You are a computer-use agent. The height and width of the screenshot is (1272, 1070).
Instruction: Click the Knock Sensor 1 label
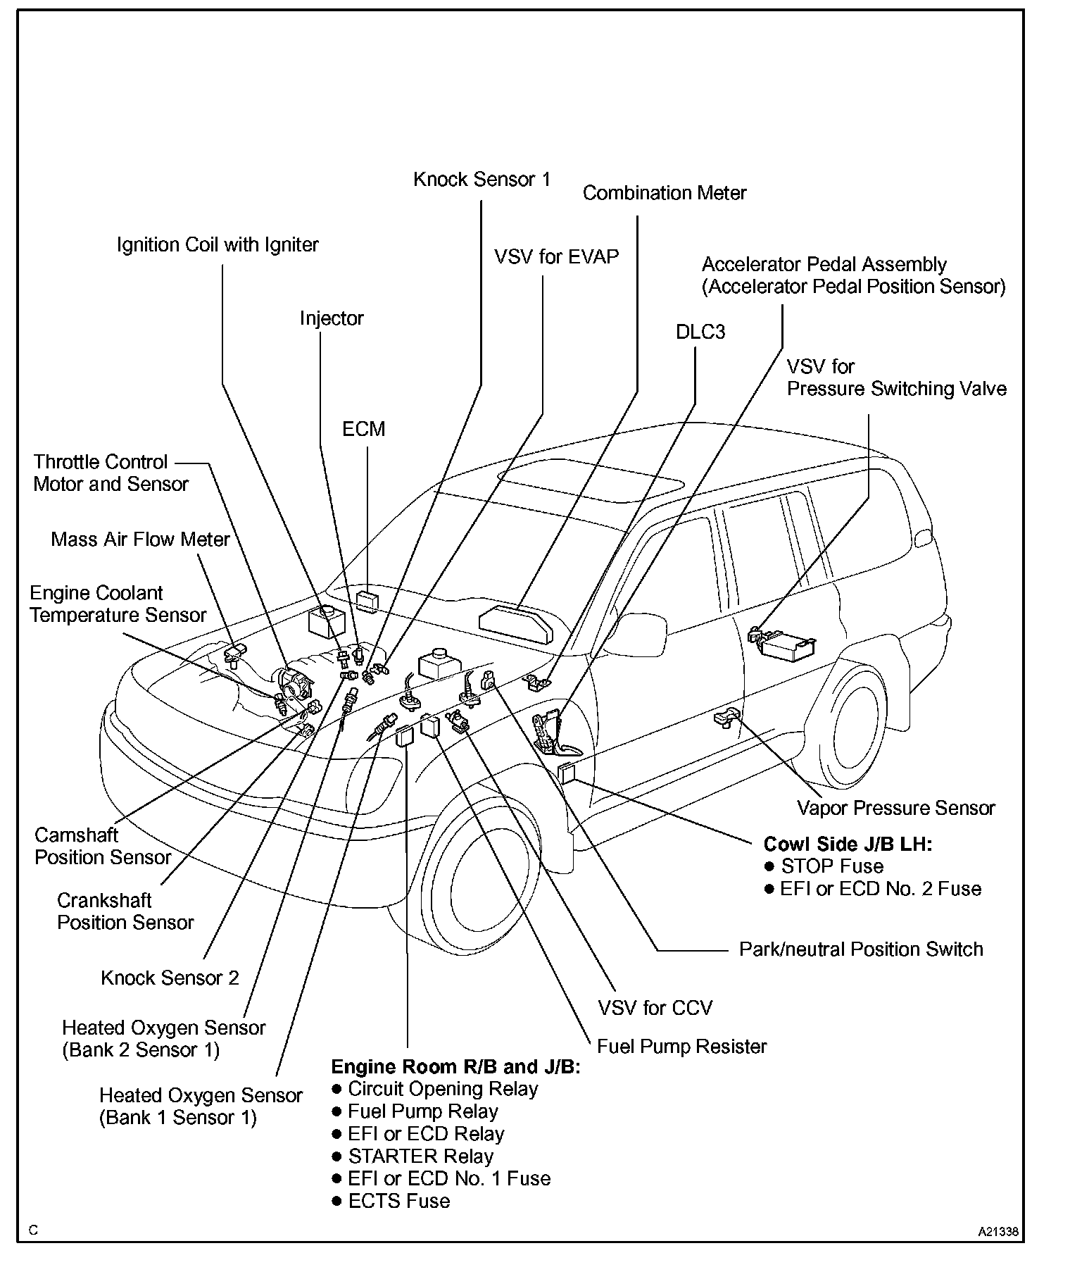coord(481,180)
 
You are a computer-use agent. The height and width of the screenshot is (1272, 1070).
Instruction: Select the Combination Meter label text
coord(664,193)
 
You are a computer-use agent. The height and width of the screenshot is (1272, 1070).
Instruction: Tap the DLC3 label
coord(700,332)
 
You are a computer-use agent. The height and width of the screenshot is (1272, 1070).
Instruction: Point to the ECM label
coord(363,429)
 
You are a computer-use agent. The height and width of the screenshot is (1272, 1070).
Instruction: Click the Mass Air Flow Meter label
coord(140,540)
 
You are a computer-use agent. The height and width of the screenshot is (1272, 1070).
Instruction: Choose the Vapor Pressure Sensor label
coord(895,808)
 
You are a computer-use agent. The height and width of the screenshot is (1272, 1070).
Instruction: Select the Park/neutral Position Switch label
coord(860,949)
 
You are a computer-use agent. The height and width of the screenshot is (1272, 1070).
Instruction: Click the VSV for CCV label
coord(655,1008)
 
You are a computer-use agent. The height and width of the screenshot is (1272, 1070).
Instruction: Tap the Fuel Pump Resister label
coord(681,1047)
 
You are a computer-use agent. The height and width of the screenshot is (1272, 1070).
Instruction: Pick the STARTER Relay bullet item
coord(420,1156)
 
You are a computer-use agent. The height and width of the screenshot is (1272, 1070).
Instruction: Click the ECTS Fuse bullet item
coord(398,1201)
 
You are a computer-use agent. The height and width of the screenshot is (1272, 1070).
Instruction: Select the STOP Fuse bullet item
coord(831,866)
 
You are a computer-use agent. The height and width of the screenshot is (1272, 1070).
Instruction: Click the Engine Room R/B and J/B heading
coord(455,1066)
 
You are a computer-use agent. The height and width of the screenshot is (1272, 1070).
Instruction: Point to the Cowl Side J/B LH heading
coord(848,844)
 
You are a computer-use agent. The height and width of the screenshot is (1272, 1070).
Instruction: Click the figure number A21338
coord(997,1232)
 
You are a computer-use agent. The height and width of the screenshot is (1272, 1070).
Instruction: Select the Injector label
coord(332,318)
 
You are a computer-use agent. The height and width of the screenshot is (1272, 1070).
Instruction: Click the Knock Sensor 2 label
coord(170,978)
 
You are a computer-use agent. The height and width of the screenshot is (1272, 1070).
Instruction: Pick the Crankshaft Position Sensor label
coord(125,911)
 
